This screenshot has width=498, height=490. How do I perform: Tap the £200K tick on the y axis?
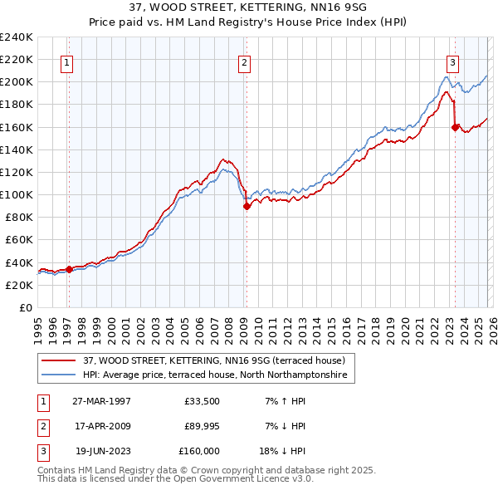[x=17, y=82]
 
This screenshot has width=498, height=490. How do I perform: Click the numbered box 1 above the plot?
[x=66, y=61]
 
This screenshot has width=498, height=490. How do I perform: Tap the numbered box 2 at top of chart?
[x=244, y=61]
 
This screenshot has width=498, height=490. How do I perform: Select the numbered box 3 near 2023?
[x=452, y=61]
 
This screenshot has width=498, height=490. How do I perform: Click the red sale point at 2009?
[x=247, y=207]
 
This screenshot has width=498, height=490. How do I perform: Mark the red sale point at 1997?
[x=70, y=269]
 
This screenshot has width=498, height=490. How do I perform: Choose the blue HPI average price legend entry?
[x=218, y=375]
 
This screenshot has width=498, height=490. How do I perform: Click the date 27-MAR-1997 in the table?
[x=101, y=401]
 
